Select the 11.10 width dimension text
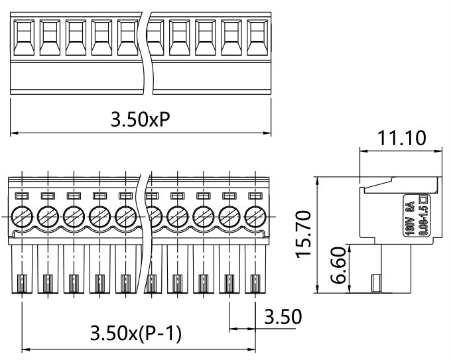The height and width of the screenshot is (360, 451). click(x=401, y=139)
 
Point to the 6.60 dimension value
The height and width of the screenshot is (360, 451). click(x=336, y=267)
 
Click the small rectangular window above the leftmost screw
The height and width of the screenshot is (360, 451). click(x=21, y=196)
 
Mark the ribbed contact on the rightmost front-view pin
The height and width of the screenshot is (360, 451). click(x=255, y=284)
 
